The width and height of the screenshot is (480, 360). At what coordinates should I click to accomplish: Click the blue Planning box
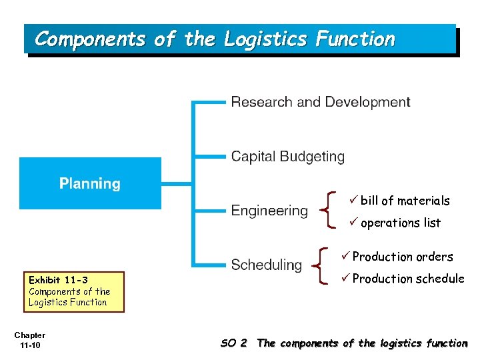pos(90,183)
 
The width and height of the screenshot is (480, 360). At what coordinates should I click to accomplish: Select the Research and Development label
pos(320,102)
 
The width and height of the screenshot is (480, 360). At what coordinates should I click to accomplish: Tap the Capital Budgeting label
pos(287,157)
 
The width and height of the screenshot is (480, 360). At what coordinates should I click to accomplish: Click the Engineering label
pos(269,211)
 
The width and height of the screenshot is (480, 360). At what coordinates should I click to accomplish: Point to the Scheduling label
pos(266,265)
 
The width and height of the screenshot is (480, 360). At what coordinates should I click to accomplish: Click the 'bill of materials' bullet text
pos(405,201)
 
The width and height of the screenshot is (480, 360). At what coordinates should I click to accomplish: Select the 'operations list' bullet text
pos(400,223)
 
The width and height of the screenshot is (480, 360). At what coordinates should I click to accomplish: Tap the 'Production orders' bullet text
pos(402,257)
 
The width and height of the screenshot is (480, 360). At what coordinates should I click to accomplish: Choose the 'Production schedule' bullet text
pos(407,279)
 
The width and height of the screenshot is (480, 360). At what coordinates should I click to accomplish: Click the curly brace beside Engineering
pos(326,209)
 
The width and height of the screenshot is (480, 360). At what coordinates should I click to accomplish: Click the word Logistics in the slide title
pos(265,39)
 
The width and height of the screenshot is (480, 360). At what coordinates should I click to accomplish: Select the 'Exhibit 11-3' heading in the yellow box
pos(58,280)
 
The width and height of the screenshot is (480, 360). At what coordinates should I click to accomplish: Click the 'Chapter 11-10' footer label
pos(29,340)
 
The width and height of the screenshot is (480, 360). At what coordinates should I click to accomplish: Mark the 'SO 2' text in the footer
pos(233,343)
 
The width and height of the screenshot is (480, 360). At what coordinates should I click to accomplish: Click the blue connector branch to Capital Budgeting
pos(209,157)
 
